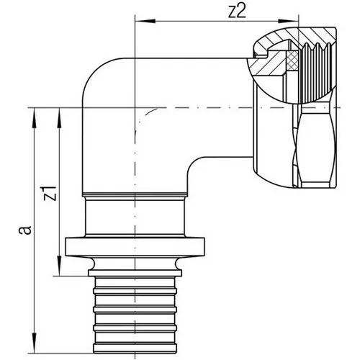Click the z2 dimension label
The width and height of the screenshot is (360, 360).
(237, 12)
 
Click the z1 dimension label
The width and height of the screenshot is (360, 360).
(50, 193)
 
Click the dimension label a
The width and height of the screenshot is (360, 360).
(25, 229)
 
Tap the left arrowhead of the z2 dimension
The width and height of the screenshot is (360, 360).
(145, 22)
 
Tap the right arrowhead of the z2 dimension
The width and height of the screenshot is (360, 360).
(288, 22)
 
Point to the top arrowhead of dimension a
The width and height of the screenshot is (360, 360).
(35, 118)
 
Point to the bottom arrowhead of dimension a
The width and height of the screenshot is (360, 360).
(35, 343)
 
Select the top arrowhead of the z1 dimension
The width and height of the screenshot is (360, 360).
(59, 118)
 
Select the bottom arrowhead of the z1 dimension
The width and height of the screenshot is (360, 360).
(59, 266)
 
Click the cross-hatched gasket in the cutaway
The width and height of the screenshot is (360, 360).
(292, 60)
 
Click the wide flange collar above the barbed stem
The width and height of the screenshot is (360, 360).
(135, 247)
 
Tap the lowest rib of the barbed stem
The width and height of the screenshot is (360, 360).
(135, 348)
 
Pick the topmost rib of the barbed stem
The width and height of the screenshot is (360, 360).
(135, 291)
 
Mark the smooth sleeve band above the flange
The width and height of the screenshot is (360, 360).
(135, 216)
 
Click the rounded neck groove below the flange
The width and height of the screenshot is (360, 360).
(135, 264)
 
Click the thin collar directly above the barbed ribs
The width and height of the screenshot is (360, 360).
(135, 273)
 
